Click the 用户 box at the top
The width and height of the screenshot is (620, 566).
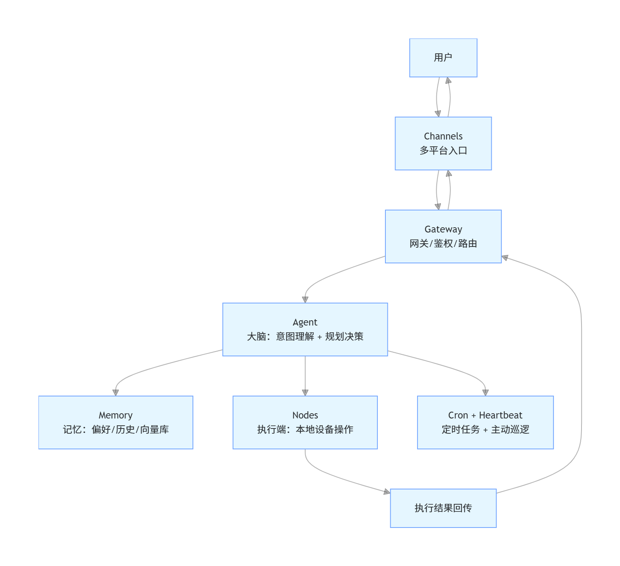[x=443, y=58]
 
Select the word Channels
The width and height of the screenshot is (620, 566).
[x=443, y=136]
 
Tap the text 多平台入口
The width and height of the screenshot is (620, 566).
[x=443, y=151]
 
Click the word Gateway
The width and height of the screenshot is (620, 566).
[x=443, y=229]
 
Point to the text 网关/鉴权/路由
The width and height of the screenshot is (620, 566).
[x=443, y=244]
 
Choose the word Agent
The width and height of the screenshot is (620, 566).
[x=305, y=322]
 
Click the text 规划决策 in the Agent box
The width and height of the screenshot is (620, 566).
[x=344, y=337]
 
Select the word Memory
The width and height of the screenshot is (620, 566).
[x=115, y=415]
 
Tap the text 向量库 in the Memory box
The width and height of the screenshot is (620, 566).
[x=154, y=430]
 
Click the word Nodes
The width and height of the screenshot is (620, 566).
[x=305, y=415]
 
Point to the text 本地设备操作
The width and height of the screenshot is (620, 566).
[x=324, y=430]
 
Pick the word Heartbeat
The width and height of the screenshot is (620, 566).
[x=500, y=415]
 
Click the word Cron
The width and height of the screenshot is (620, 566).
[x=458, y=415]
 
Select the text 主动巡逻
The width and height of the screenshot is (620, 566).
[x=510, y=430]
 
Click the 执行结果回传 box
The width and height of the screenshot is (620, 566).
[x=443, y=508]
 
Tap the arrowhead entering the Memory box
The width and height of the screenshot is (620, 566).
[x=115, y=392]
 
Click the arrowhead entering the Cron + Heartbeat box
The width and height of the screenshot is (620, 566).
[x=485, y=392]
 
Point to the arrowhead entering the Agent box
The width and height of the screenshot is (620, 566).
[x=305, y=299]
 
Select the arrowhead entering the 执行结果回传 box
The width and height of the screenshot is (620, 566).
[x=387, y=492]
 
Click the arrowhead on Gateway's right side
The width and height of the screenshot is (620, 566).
[x=505, y=258]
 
